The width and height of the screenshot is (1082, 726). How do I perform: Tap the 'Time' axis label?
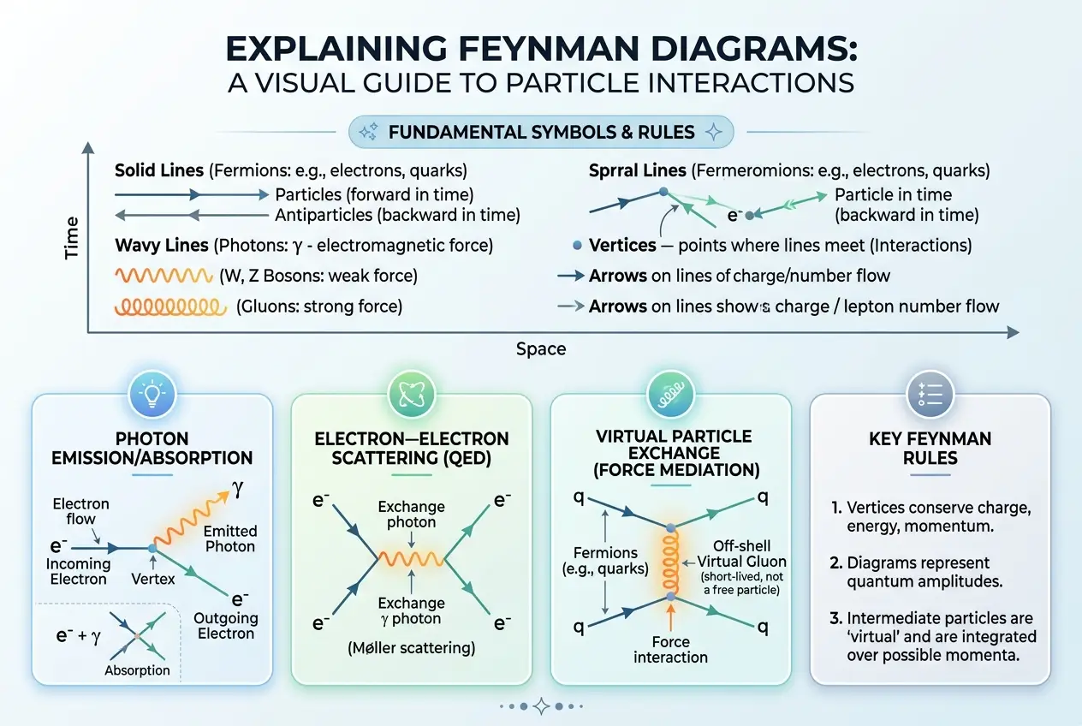click(x=71, y=237)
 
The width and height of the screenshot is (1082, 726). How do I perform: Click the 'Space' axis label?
click(x=540, y=348)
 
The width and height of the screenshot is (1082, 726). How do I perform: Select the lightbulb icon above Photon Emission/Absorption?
click(x=152, y=393)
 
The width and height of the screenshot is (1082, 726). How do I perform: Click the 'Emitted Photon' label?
click(x=230, y=539)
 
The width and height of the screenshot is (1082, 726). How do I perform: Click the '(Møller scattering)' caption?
click(x=412, y=647)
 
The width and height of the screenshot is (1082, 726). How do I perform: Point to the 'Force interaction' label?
click(x=670, y=649)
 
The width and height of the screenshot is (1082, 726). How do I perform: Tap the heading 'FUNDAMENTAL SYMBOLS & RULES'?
click(x=541, y=133)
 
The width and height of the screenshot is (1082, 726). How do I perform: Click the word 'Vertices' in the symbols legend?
click(x=622, y=246)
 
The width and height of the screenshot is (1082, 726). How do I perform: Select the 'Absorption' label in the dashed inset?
click(x=137, y=670)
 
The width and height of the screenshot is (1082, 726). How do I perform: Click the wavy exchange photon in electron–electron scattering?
click(x=412, y=559)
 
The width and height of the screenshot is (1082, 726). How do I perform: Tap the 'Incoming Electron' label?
click(x=78, y=572)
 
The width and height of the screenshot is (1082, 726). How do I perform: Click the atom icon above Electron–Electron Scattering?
click(x=412, y=393)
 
